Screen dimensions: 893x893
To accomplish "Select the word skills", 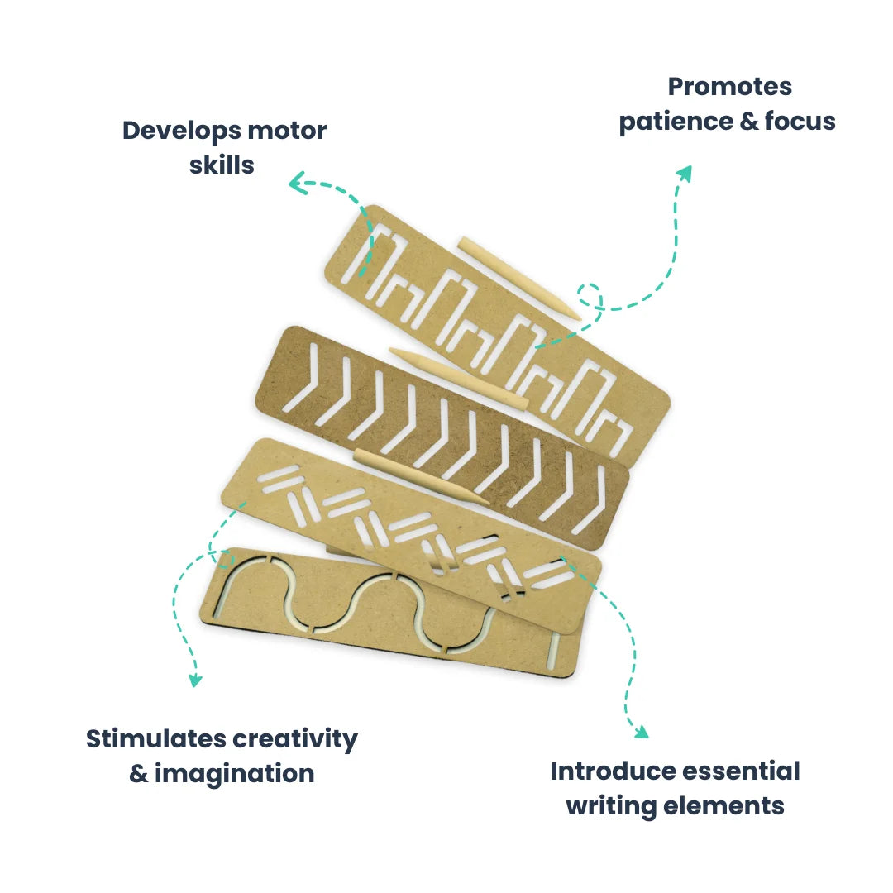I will pos(222,165).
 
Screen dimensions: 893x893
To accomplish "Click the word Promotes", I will pos(729,87).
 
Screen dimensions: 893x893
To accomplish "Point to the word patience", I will pos(674,122).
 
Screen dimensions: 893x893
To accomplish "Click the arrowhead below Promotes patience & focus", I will pos(683,171).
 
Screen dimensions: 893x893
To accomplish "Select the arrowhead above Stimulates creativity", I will pos(195,680).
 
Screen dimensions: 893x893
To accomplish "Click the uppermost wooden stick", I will pos(518,278).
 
